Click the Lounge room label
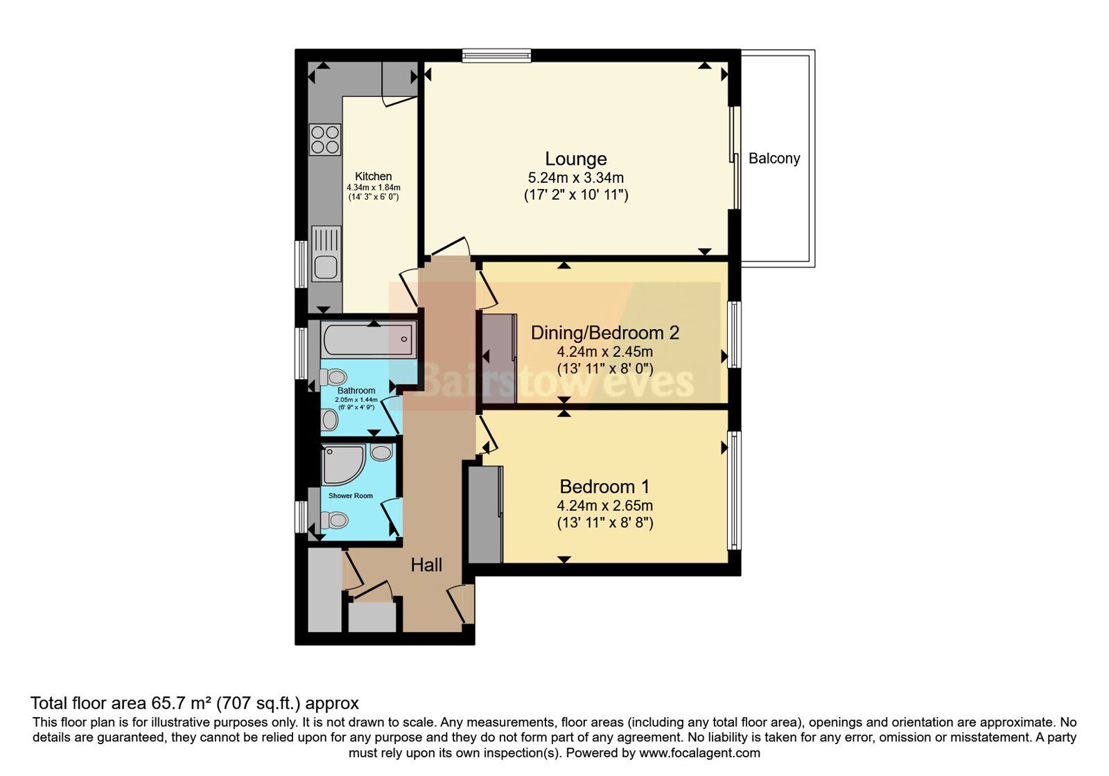point(576,159)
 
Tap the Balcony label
point(774,159)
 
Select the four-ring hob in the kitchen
point(325,139)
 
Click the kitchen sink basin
point(325,267)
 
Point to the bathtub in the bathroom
point(369,339)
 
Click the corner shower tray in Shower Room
point(342,464)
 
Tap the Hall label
point(426,565)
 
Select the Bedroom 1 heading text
point(604,487)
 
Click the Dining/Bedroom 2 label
point(605,333)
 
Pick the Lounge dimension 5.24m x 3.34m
point(576,177)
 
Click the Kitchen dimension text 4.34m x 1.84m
point(374,188)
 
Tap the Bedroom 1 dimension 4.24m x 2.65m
point(605,506)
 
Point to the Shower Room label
point(351,496)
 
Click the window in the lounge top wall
point(496,55)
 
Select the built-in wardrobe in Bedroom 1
point(486,514)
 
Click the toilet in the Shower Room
point(333,520)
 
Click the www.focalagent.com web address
point(699,753)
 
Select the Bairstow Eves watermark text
point(554,380)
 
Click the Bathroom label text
point(356,391)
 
